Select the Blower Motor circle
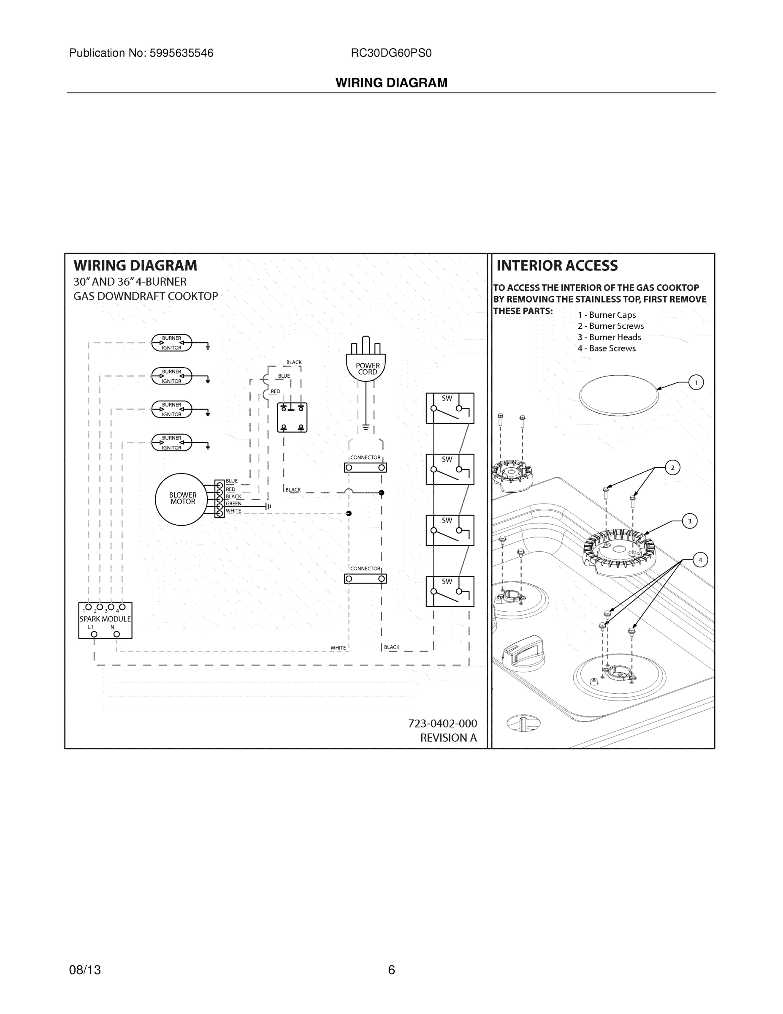182,499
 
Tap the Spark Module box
105,620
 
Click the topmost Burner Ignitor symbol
172,343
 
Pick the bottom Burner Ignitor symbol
172,442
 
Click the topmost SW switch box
450,408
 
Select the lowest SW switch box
450,591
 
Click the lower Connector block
365,578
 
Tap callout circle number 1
696,382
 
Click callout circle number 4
700,560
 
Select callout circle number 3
689,521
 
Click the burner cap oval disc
618,395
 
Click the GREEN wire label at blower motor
233,504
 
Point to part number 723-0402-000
442,723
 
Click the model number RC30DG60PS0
391,53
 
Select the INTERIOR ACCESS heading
557,266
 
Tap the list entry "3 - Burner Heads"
609,337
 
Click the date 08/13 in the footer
85,970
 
